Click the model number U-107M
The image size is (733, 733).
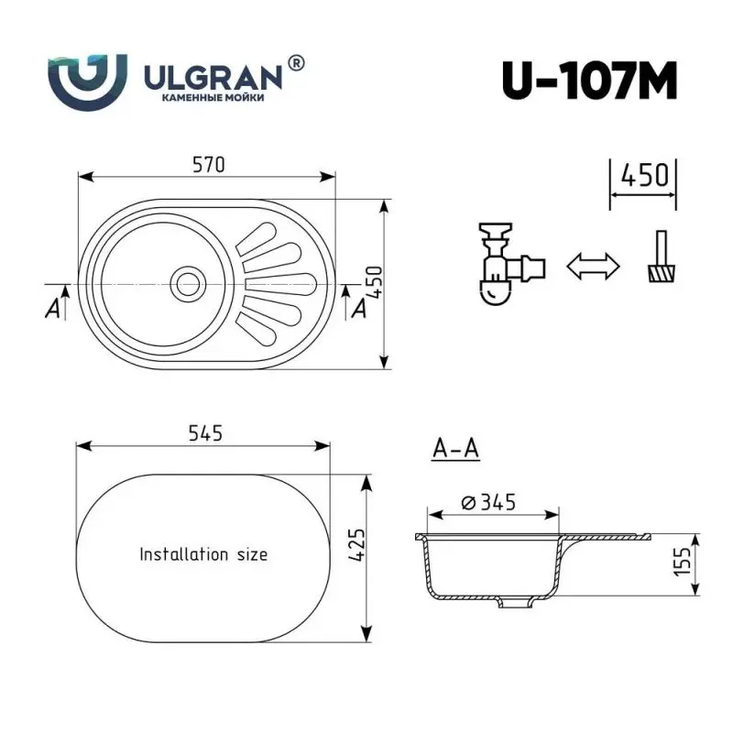pos(589,81)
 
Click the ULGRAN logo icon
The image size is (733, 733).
pos(87,81)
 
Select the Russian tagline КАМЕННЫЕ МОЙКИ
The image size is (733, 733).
pos(213,98)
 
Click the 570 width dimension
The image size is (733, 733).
pos(208,165)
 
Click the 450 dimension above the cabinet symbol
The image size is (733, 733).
pos(643,174)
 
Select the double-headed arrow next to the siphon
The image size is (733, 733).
pos(593,267)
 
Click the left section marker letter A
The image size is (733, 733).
pos(54,309)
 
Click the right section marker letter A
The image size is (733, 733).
pos(359,309)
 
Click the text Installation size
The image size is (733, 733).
pos(203,554)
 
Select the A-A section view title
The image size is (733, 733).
pos(455,449)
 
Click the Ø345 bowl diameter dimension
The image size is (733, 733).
pos(490,502)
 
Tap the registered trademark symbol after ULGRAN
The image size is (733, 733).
pos(297,62)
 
